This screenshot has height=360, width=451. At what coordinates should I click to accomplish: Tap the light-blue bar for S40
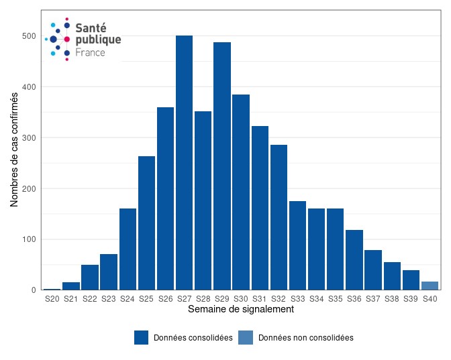tap(430, 286)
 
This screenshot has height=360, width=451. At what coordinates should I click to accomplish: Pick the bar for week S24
tap(128, 249)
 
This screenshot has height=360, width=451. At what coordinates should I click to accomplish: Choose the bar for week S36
tap(354, 260)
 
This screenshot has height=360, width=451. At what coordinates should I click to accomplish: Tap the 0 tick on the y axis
tap(33, 290)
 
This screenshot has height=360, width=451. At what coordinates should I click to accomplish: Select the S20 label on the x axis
tap(52, 299)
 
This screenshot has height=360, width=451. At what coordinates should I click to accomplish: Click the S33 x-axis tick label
tap(297, 299)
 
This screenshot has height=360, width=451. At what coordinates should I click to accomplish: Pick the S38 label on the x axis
tap(392, 299)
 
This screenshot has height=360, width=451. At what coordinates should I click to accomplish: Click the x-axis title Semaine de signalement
tap(240, 310)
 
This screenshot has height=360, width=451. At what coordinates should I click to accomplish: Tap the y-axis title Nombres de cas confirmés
tap(14, 149)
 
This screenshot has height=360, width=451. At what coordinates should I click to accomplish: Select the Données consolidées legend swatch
tap(141, 338)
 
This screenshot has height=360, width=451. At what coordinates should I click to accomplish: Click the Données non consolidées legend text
tap(305, 338)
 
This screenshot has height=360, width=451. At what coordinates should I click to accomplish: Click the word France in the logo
tap(90, 52)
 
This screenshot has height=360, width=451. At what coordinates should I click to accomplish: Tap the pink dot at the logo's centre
tap(66, 40)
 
